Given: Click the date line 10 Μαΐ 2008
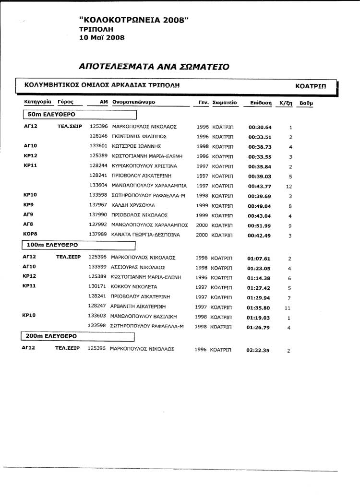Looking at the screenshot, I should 102,37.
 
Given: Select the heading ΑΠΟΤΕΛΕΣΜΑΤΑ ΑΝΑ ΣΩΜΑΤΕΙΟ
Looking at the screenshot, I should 154,65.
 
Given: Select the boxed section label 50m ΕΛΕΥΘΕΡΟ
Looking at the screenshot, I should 50,115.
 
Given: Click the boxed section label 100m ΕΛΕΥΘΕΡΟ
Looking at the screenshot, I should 53,245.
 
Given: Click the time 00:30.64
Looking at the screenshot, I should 260,128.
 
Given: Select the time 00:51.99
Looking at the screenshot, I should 260,226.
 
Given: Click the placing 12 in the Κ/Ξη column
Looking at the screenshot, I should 289,187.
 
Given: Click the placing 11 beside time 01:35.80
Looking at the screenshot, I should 288,308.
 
